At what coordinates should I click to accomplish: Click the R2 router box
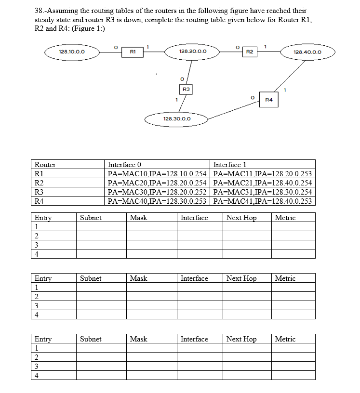point(250,51)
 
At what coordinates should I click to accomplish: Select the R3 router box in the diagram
point(186,89)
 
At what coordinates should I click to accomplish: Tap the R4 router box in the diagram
point(269,100)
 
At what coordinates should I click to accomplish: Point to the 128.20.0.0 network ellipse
point(193,51)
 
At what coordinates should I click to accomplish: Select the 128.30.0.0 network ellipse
point(177,118)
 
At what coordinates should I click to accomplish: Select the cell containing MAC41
point(263,201)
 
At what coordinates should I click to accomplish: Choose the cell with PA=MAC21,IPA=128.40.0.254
point(263,183)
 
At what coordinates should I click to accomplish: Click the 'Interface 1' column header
point(230,165)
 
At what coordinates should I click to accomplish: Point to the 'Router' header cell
point(46,165)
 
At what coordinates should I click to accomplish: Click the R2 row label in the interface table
point(40,183)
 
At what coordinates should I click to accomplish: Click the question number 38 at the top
point(40,10)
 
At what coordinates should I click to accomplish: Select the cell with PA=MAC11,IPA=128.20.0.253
point(263,174)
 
